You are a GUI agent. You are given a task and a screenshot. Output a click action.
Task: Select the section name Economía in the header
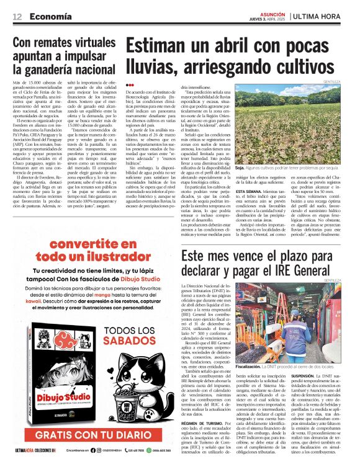coord(50,16)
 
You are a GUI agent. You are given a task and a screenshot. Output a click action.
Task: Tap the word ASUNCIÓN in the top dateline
coord(268,12)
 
